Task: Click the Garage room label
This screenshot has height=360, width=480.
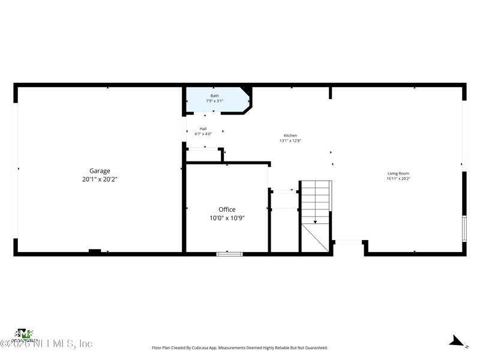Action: pos(100,171)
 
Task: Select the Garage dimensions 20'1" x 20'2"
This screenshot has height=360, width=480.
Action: pos(100,179)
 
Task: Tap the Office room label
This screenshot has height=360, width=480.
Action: pos(227,209)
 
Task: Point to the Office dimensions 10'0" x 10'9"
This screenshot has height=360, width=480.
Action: pos(227,218)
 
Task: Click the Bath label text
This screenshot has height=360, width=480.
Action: pos(214,96)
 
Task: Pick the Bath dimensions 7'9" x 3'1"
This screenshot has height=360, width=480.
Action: pos(214,101)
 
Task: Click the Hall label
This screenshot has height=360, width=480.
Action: pos(203,128)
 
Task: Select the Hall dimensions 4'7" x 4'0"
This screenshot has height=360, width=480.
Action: pos(203,134)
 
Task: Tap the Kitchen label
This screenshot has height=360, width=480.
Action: pos(290,136)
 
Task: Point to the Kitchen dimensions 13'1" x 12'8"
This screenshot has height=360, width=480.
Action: pos(290,141)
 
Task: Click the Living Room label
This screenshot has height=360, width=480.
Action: pos(398,173)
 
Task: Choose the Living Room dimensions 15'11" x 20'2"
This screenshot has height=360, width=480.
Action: pos(398,178)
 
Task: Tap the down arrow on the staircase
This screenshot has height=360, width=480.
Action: pos(316,221)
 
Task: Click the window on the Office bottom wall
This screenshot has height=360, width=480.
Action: pos(229,254)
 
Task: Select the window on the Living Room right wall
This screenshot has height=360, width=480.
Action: pos(464,229)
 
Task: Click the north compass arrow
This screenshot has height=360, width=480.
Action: pos(456,342)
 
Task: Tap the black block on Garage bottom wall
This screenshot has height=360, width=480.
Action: pos(95,251)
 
